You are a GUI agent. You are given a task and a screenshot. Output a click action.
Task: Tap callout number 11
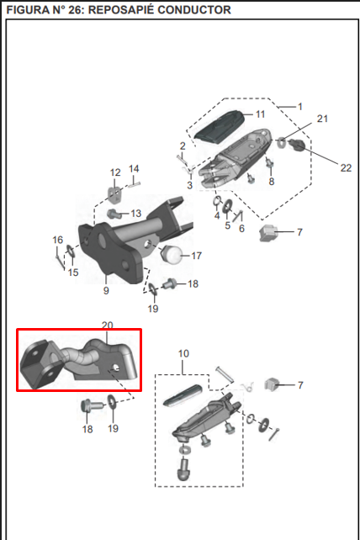click(x=260, y=114)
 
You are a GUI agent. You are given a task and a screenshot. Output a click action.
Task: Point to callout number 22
click(x=322, y=167)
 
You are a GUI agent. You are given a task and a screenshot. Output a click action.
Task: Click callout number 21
click(x=322, y=119)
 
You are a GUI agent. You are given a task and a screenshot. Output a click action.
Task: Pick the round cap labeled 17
click(x=172, y=253)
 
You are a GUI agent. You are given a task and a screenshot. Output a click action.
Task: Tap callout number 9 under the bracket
click(x=106, y=291)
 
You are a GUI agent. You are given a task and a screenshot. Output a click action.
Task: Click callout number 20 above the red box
click(x=107, y=325)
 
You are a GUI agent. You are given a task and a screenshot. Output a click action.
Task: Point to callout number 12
click(x=116, y=172)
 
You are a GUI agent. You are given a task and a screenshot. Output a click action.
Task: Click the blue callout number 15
click(x=73, y=273)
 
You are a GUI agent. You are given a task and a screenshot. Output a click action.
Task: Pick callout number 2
click(x=182, y=146)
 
